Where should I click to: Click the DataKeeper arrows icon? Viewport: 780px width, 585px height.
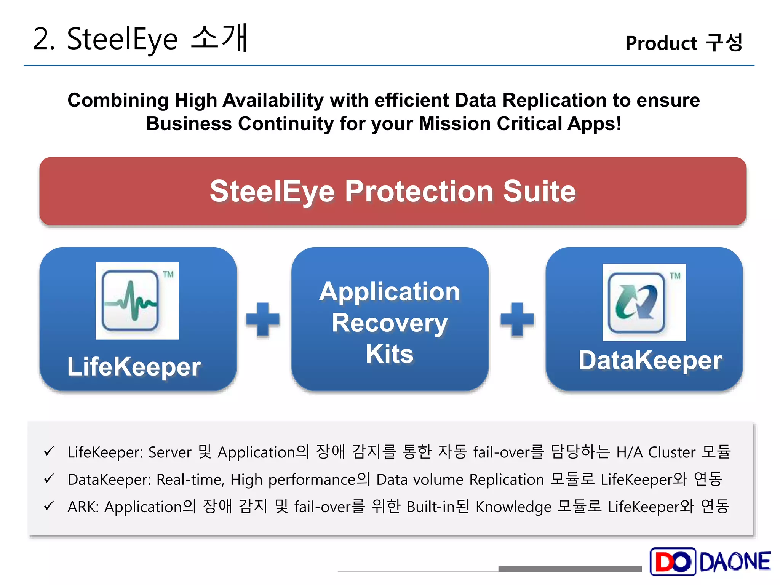pos(636,302)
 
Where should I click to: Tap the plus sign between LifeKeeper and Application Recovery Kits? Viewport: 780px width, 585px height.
pos(263,319)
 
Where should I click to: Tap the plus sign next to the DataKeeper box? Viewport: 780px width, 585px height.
pos(517,319)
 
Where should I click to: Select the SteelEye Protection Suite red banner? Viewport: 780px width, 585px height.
pos(393,191)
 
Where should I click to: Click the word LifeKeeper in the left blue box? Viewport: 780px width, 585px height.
pos(134,367)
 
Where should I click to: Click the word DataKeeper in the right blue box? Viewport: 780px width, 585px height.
pos(650,360)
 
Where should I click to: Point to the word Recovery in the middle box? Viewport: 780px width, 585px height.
pos(390,323)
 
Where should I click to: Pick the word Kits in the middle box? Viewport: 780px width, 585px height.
pos(390,354)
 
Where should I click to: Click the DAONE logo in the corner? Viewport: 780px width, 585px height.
pos(710,561)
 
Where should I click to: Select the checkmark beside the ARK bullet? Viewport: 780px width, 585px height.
pos(49,506)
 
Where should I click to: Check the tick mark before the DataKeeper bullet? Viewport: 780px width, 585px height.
pos(49,479)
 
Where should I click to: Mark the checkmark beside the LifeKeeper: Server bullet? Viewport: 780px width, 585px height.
pos(49,451)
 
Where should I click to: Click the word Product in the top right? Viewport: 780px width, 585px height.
pos(661,43)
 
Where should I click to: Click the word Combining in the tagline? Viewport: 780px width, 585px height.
pos(118,101)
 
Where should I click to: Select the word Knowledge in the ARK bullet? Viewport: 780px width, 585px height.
pos(513,507)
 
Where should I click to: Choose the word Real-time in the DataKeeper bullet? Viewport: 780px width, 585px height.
pos(190,480)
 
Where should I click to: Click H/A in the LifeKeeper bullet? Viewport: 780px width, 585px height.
pos(629,452)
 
